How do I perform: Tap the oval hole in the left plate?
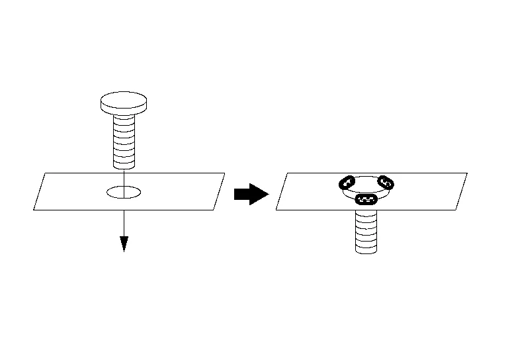click(x=124, y=193)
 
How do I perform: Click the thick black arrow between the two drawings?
click(x=251, y=194)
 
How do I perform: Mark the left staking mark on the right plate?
click(x=346, y=183)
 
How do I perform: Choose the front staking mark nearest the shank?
click(x=366, y=199)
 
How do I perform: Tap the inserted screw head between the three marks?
click(x=366, y=187)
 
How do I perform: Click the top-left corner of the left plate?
click(x=44, y=173)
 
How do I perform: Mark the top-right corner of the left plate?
click(x=225, y=173)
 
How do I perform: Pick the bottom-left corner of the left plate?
click(x=34, y=210)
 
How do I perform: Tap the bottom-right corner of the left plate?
click(x=214, y=210)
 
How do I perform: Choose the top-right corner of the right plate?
click(x=467, y=173)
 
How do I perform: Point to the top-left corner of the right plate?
click(x=286, y=173)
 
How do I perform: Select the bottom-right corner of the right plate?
click(x=456, y=210)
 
